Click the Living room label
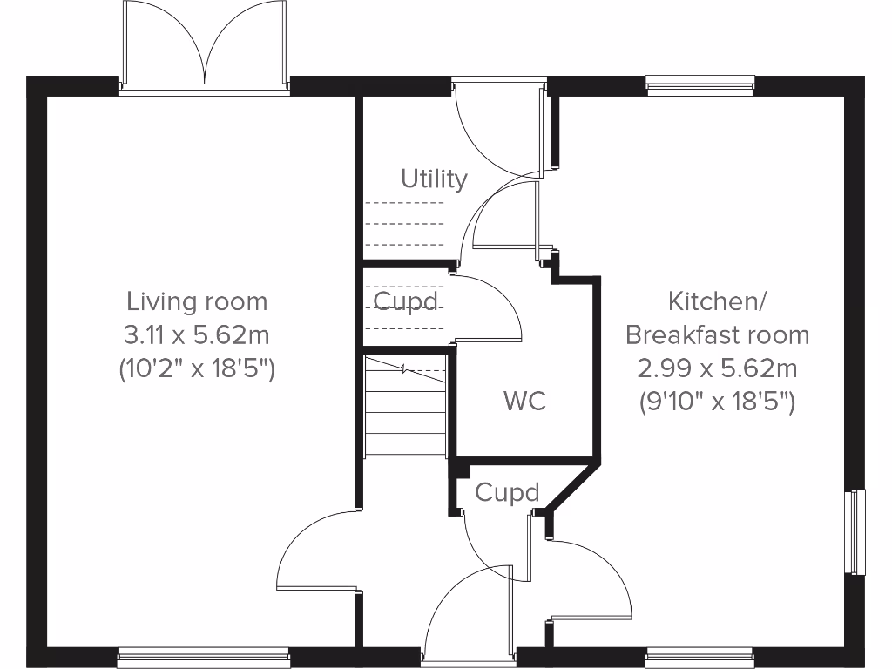pos(197,302)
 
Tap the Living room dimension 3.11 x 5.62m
pos(197,335)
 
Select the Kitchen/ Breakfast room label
pos(717,318)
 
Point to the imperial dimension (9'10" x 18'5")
pos(717,402)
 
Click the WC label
pos(525,402)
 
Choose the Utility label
pos(434,179)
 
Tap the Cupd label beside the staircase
pos(405,301)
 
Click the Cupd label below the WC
pos(507,493)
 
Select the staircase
pos(406,404)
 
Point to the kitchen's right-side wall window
pos(858,531)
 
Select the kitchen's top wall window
pos(699,84)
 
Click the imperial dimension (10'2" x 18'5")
pos(197,368)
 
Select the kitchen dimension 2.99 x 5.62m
pos(717,368)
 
